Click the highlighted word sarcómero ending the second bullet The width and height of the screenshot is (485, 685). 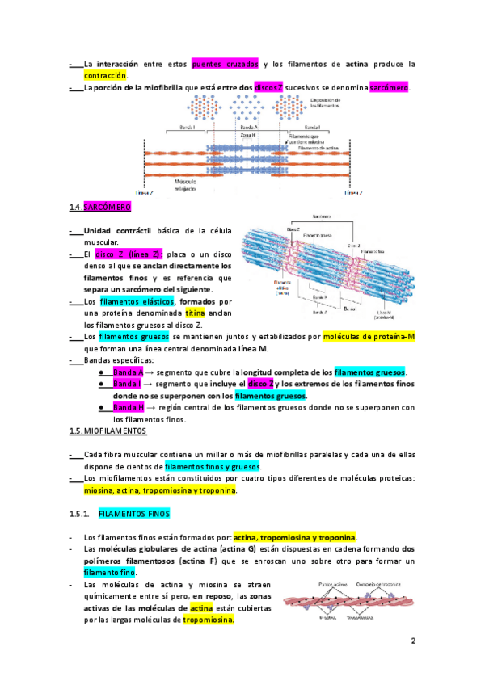[389, 87]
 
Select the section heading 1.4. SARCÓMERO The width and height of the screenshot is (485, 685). [100, 208]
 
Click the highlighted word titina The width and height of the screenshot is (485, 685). [195, 312]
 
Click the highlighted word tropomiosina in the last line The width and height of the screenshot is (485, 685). [208, 620]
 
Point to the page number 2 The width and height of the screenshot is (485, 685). [412, 642]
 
